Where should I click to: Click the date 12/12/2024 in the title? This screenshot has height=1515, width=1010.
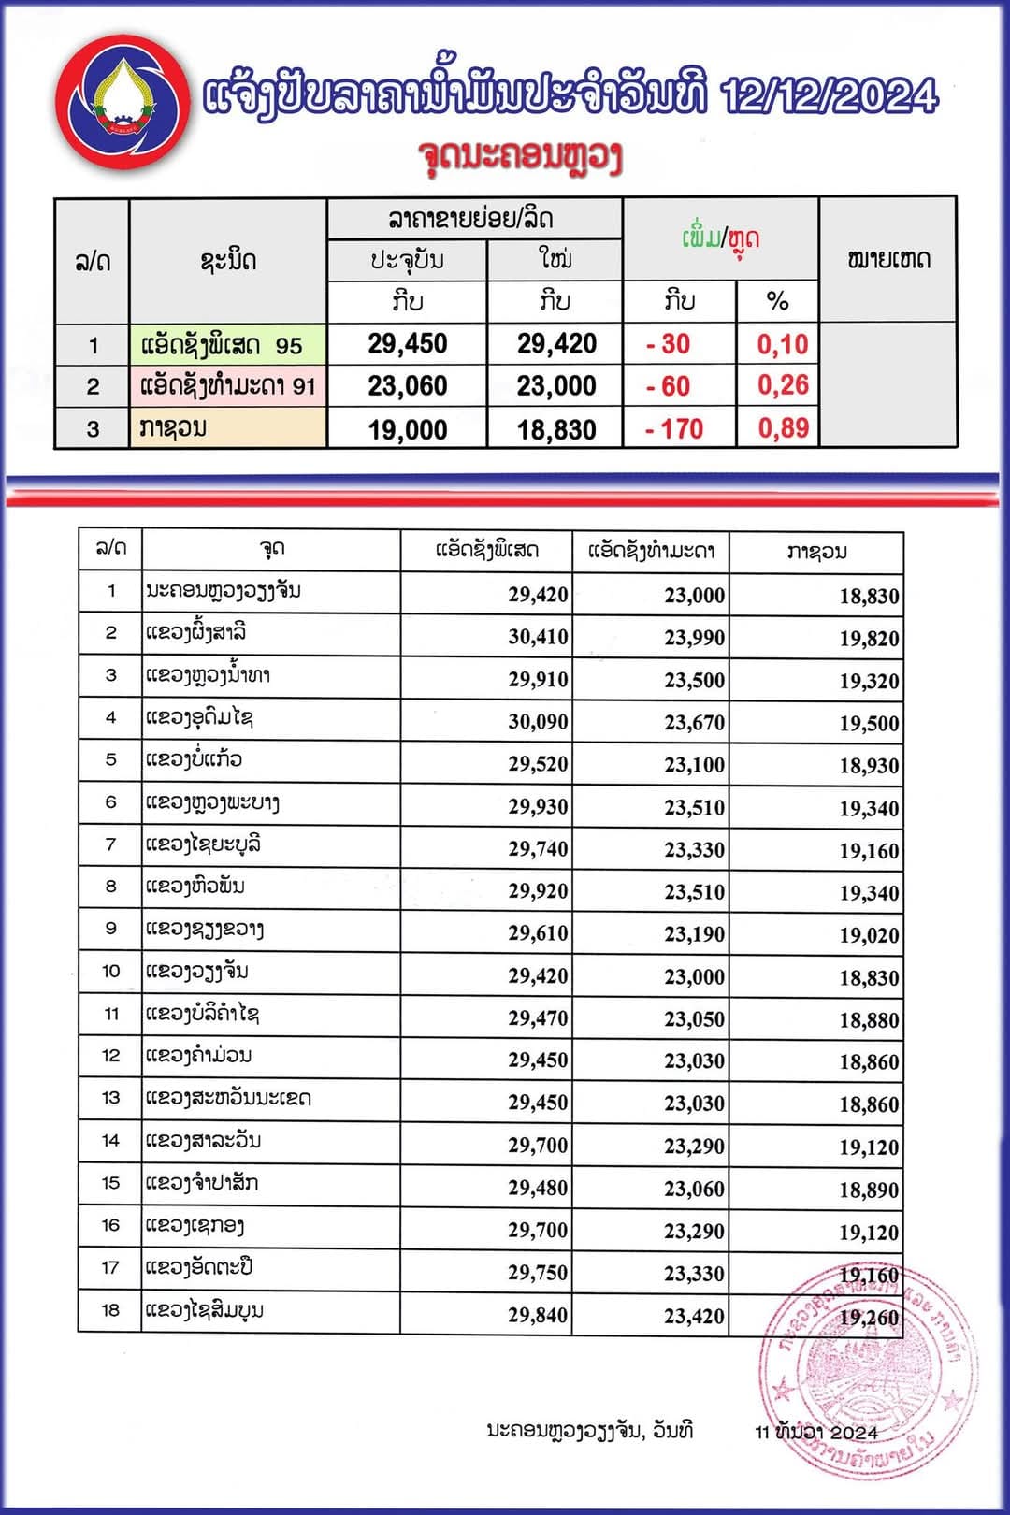point(830,96)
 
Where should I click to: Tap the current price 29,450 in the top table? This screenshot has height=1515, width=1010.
point(407,344)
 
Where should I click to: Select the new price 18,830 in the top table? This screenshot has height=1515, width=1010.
point(556,430)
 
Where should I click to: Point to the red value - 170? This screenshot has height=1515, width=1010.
point(674,429)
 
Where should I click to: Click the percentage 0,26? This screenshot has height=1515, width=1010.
point(783,385)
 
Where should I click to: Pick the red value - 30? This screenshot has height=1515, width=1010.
point(668,344)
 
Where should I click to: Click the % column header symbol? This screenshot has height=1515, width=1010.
point(777,301)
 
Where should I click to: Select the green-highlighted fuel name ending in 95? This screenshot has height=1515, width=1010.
point(222,345)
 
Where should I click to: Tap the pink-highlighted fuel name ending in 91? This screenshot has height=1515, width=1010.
point(228,386)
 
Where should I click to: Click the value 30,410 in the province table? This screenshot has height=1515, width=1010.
point(538,638)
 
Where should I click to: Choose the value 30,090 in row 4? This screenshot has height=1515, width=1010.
point(538,722)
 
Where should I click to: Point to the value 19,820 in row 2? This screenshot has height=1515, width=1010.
point(869,639)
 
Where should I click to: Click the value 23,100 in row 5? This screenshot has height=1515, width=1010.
point(694,765)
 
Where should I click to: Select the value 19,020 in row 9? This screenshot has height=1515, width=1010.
point(869,935)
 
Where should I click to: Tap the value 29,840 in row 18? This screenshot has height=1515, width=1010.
point(538,1316)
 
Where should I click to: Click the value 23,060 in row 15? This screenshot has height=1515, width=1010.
point(694,1189)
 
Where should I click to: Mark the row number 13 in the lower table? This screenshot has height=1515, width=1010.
point(110,1098)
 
